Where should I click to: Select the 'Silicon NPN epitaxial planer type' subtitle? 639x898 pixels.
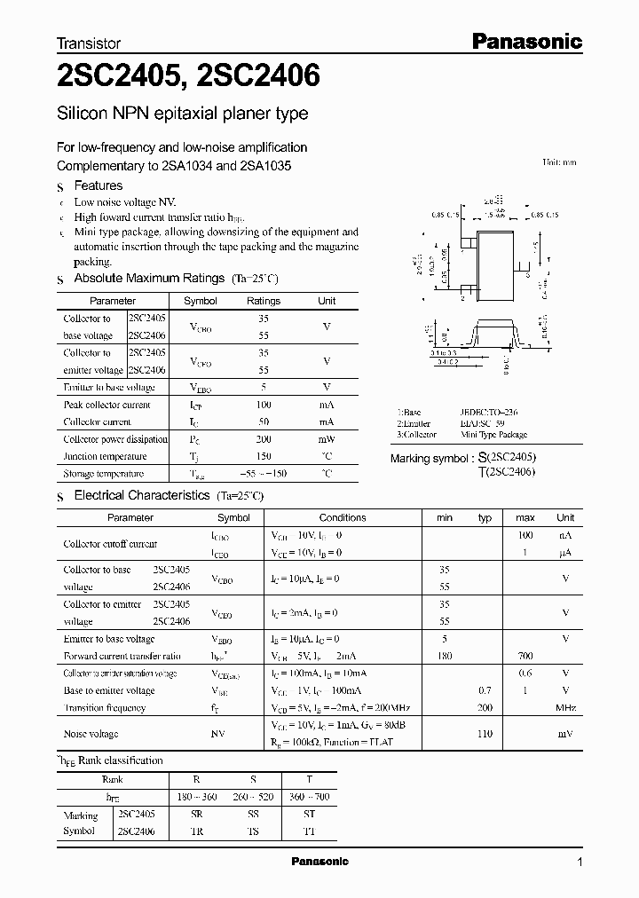coord(182,114)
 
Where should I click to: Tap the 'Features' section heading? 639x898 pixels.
coord(98,185)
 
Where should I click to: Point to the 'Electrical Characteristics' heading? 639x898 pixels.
coord(141,495)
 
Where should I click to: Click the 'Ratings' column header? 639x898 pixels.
coord(263,301)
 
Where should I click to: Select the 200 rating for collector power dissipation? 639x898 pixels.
coord(263,439)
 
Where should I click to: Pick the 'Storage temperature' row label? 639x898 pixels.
coord(104,474)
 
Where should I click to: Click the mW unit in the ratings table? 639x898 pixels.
coord(327,439)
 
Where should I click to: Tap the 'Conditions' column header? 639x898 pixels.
coord(343,517)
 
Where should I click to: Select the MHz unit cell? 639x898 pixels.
coord(565,708)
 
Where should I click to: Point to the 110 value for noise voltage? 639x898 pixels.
coord(485,734)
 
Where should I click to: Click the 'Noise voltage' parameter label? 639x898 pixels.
coord(91,734)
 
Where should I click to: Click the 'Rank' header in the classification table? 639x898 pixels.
coord(113,779)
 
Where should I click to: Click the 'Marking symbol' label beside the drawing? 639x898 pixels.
coord(432,458)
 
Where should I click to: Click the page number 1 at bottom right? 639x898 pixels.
coord(579,862)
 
